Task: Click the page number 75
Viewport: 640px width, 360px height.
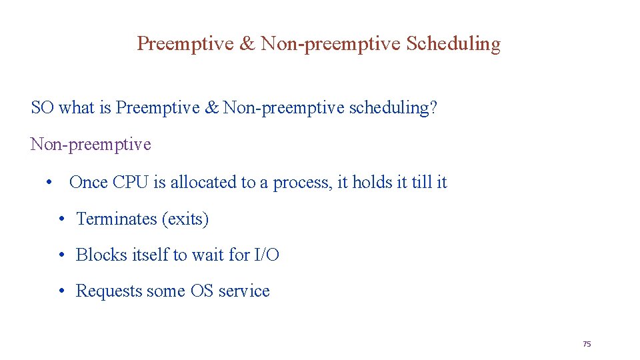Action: pos(587,344)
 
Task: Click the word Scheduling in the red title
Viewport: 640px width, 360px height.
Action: pos(453,44)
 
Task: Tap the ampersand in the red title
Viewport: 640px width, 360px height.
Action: pos(247,44)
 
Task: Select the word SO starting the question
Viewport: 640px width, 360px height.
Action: pos(42,108)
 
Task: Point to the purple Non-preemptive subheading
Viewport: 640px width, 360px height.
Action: pos(91,145)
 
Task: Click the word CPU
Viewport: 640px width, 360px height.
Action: pos(131,183)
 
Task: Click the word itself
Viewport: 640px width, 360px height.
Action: pos(150,255)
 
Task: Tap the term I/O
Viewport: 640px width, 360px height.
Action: pos(267,255)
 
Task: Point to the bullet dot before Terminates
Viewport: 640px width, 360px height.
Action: pos(61,219)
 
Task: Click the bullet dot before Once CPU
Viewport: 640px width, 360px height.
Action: pos(49,183)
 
